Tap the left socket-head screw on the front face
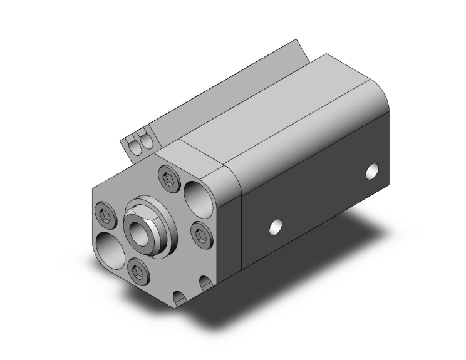[105, 217]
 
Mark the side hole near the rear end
[373, 170]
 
